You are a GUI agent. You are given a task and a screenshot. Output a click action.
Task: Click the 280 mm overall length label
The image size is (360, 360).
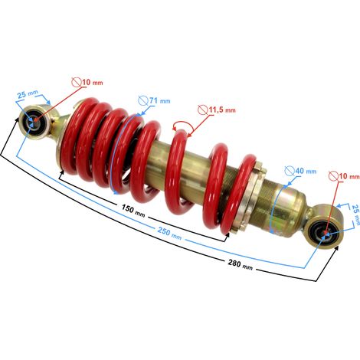click(241, 264)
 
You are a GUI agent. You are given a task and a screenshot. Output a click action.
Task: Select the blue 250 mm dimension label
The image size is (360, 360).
click(169, 234)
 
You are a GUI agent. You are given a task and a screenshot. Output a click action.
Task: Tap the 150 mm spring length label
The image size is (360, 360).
click(133, 211)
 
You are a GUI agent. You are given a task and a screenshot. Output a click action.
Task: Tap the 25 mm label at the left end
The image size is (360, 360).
click(28, 94)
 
